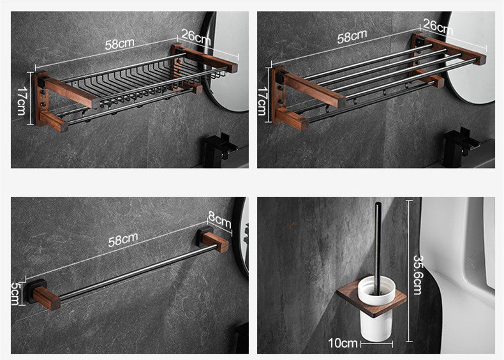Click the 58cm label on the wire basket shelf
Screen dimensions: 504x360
(x=119, y=44)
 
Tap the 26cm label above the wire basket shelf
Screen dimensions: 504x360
(x=196, y=37)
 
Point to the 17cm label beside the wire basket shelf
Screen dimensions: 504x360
(x=21, y=101)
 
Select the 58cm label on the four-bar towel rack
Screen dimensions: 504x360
(x=352, y=36)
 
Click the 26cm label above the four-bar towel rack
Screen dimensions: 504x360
(x=438, y=27)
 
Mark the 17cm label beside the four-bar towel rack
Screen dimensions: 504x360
(x=262, y=101)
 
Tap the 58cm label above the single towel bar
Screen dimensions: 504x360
(x=123, y=239)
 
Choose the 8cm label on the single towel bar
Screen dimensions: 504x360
(x=219, y=220)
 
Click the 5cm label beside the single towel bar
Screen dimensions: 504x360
(x=15, y=294)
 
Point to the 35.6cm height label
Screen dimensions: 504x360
(x=417, y=275)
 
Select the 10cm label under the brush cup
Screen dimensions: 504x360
(x=343, y=343)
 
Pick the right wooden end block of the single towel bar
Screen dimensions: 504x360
(x=216, y=241)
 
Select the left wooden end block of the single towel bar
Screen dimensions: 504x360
(x=47, y=298)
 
